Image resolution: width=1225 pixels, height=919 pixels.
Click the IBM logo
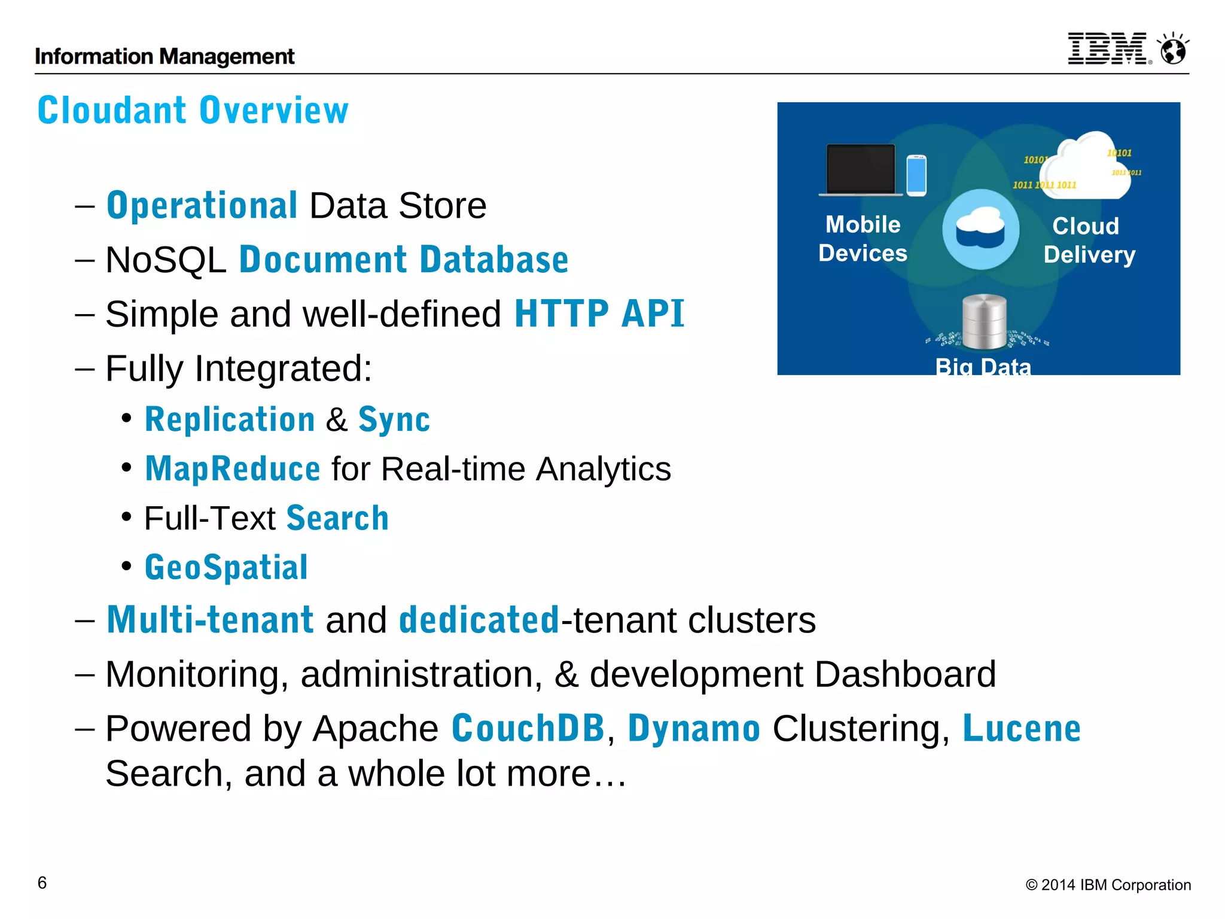click(1108, 48)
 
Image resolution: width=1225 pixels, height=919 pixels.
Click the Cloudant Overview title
click(193, 111)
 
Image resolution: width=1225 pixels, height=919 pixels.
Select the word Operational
click(202, 206)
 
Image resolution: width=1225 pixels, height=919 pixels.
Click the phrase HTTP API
click(599, 314)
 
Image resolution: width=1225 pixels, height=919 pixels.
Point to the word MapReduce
click(233, 468)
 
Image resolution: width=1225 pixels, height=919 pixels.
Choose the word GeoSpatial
click(226, 567)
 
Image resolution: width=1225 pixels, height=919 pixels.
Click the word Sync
click(394, 419)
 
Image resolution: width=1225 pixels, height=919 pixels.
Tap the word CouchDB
click(528, 729)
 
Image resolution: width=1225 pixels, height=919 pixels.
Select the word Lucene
click(1021, 729)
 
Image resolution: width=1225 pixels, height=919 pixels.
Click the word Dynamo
click(694, 729)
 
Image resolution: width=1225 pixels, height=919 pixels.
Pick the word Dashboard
click(905, 675)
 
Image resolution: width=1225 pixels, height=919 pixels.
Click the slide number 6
click(42, 883)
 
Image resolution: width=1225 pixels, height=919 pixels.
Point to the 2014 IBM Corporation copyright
click(1108, 885)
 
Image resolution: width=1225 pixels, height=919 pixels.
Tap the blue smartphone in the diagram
click(916, 175)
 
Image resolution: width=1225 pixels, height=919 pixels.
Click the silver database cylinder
click(984, 322)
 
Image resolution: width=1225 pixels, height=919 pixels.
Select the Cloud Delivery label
click(1089, 241)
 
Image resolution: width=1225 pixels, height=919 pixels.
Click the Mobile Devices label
click(863, 239)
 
